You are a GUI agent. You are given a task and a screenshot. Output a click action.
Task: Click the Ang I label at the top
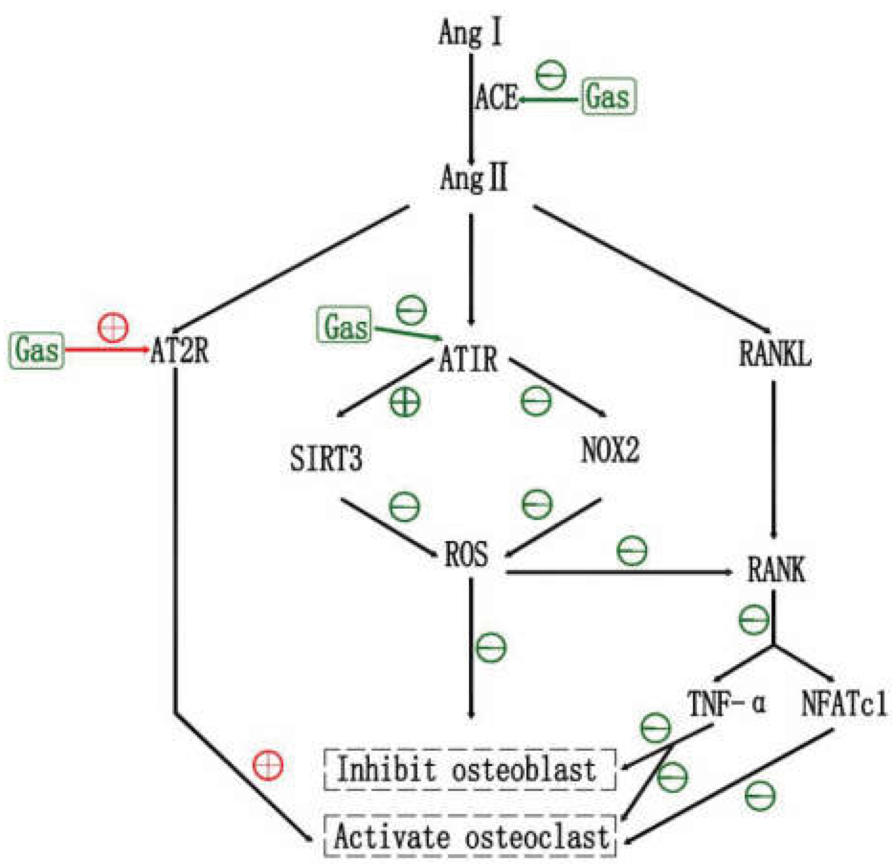[470, 33]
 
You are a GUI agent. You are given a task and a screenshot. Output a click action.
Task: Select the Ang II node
[474, 178]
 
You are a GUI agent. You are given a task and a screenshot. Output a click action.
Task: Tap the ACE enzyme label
[497, 98]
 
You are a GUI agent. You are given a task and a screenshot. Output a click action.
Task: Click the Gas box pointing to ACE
[608, 97]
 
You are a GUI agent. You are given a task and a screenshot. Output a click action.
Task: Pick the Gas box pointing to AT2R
[36, 351]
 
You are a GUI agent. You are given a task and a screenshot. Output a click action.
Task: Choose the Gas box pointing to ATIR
[344, 326]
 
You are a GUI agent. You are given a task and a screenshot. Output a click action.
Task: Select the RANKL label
[775, 354]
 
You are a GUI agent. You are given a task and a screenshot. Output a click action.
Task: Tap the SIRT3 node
[326, 458]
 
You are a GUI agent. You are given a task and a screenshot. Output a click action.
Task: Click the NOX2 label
[610, 450]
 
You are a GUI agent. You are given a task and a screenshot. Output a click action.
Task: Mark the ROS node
[466, 555]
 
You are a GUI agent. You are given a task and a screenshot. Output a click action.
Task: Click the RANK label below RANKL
[776, 570]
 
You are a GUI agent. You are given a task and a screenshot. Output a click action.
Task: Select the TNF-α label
[726, 703]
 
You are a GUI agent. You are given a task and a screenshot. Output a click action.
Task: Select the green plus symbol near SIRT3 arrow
[405, 402]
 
